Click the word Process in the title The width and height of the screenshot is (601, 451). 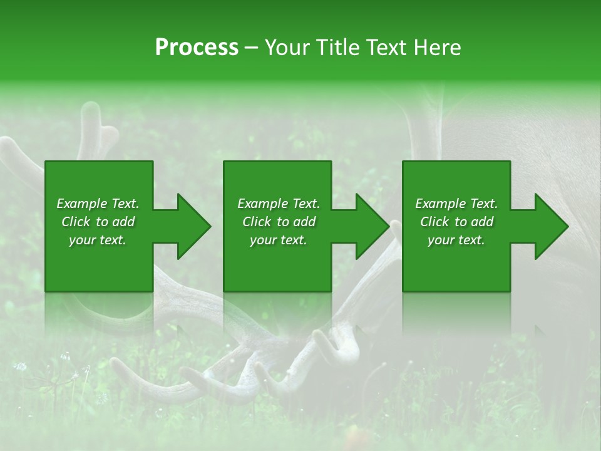(x=197, y=48)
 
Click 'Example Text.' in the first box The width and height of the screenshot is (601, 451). (x=98, y=204)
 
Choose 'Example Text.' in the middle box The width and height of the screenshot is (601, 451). (x=279, y=204)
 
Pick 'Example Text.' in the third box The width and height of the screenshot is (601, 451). (x=456, y=204)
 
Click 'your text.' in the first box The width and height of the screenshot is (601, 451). (x=98, y=240)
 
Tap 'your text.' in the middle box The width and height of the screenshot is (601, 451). (x=279, y=240)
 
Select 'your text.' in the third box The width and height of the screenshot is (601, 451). (x=456, y=240)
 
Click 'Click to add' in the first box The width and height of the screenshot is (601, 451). (x=98, y=222)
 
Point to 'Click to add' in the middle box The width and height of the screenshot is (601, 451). (x=279, y=222)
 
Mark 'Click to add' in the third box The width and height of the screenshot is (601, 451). (x=456, y=222)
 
